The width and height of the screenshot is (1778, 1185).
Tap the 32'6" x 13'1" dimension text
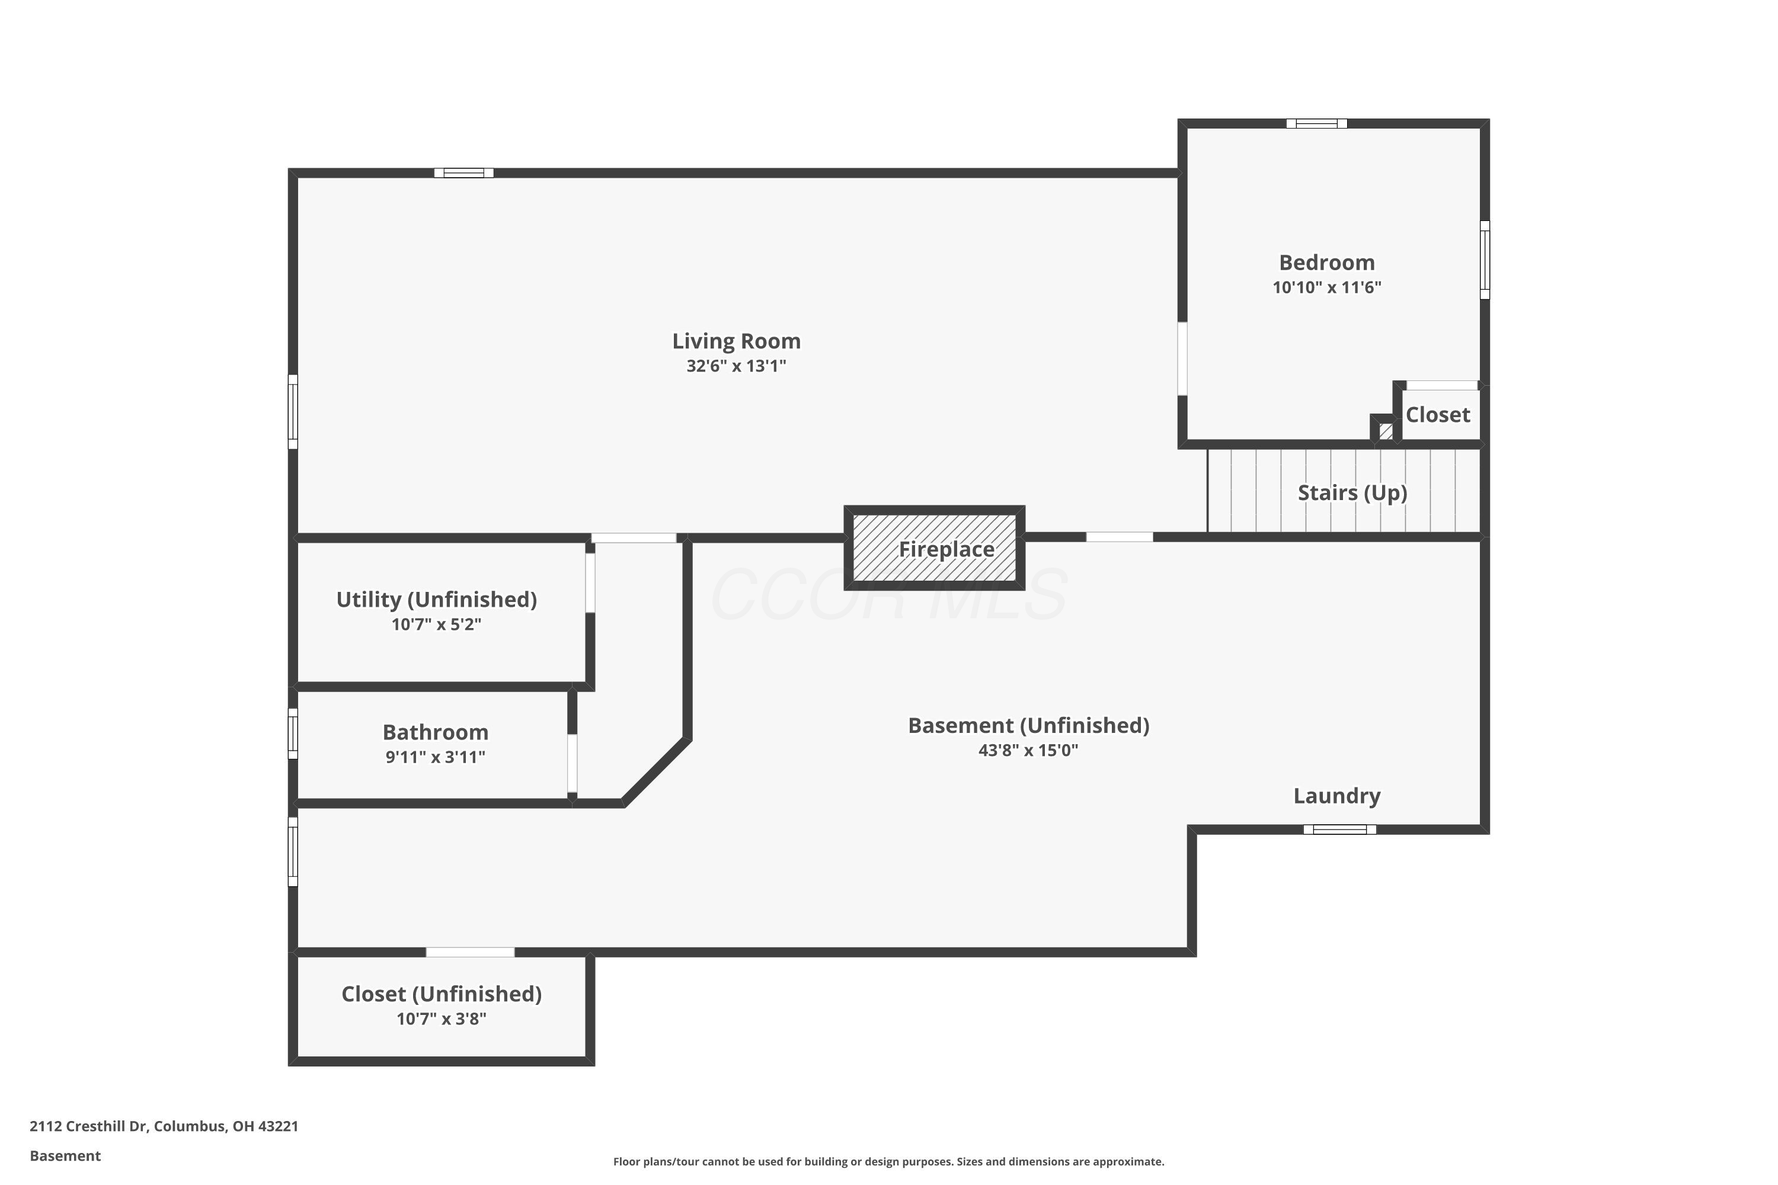click(x=736, y=366)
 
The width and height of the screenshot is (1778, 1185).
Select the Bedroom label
click(x=1327, y=263)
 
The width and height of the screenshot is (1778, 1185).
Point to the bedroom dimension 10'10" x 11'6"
click(x=1327, y=287)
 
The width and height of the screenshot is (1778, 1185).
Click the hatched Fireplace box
click(x=935, y=548)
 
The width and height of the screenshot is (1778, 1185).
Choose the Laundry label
click(x=1336, y=796)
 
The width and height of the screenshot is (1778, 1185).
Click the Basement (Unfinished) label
click(x=1028, y=725)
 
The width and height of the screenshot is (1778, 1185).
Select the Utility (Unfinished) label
click(x=436, y=599)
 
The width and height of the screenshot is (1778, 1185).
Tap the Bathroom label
click(x=436, y=732)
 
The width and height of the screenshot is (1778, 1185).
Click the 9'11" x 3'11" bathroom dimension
click(x=436, y=757)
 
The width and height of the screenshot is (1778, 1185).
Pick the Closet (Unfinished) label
click(x=442, y=994)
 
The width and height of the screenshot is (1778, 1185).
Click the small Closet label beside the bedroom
click(x=1438, y=415)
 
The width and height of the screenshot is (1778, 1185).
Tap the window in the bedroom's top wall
click(x=1317, y=123)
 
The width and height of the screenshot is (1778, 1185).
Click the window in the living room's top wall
click(x=464, y=173)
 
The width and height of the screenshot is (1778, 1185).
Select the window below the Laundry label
click(x=1339, y=829)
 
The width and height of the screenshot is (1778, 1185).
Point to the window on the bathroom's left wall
click(x=293, y=733)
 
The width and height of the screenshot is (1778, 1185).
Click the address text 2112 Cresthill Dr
click(x=88, y=1126)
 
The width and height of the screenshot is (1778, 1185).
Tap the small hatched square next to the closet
click(x=1386, y=431)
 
